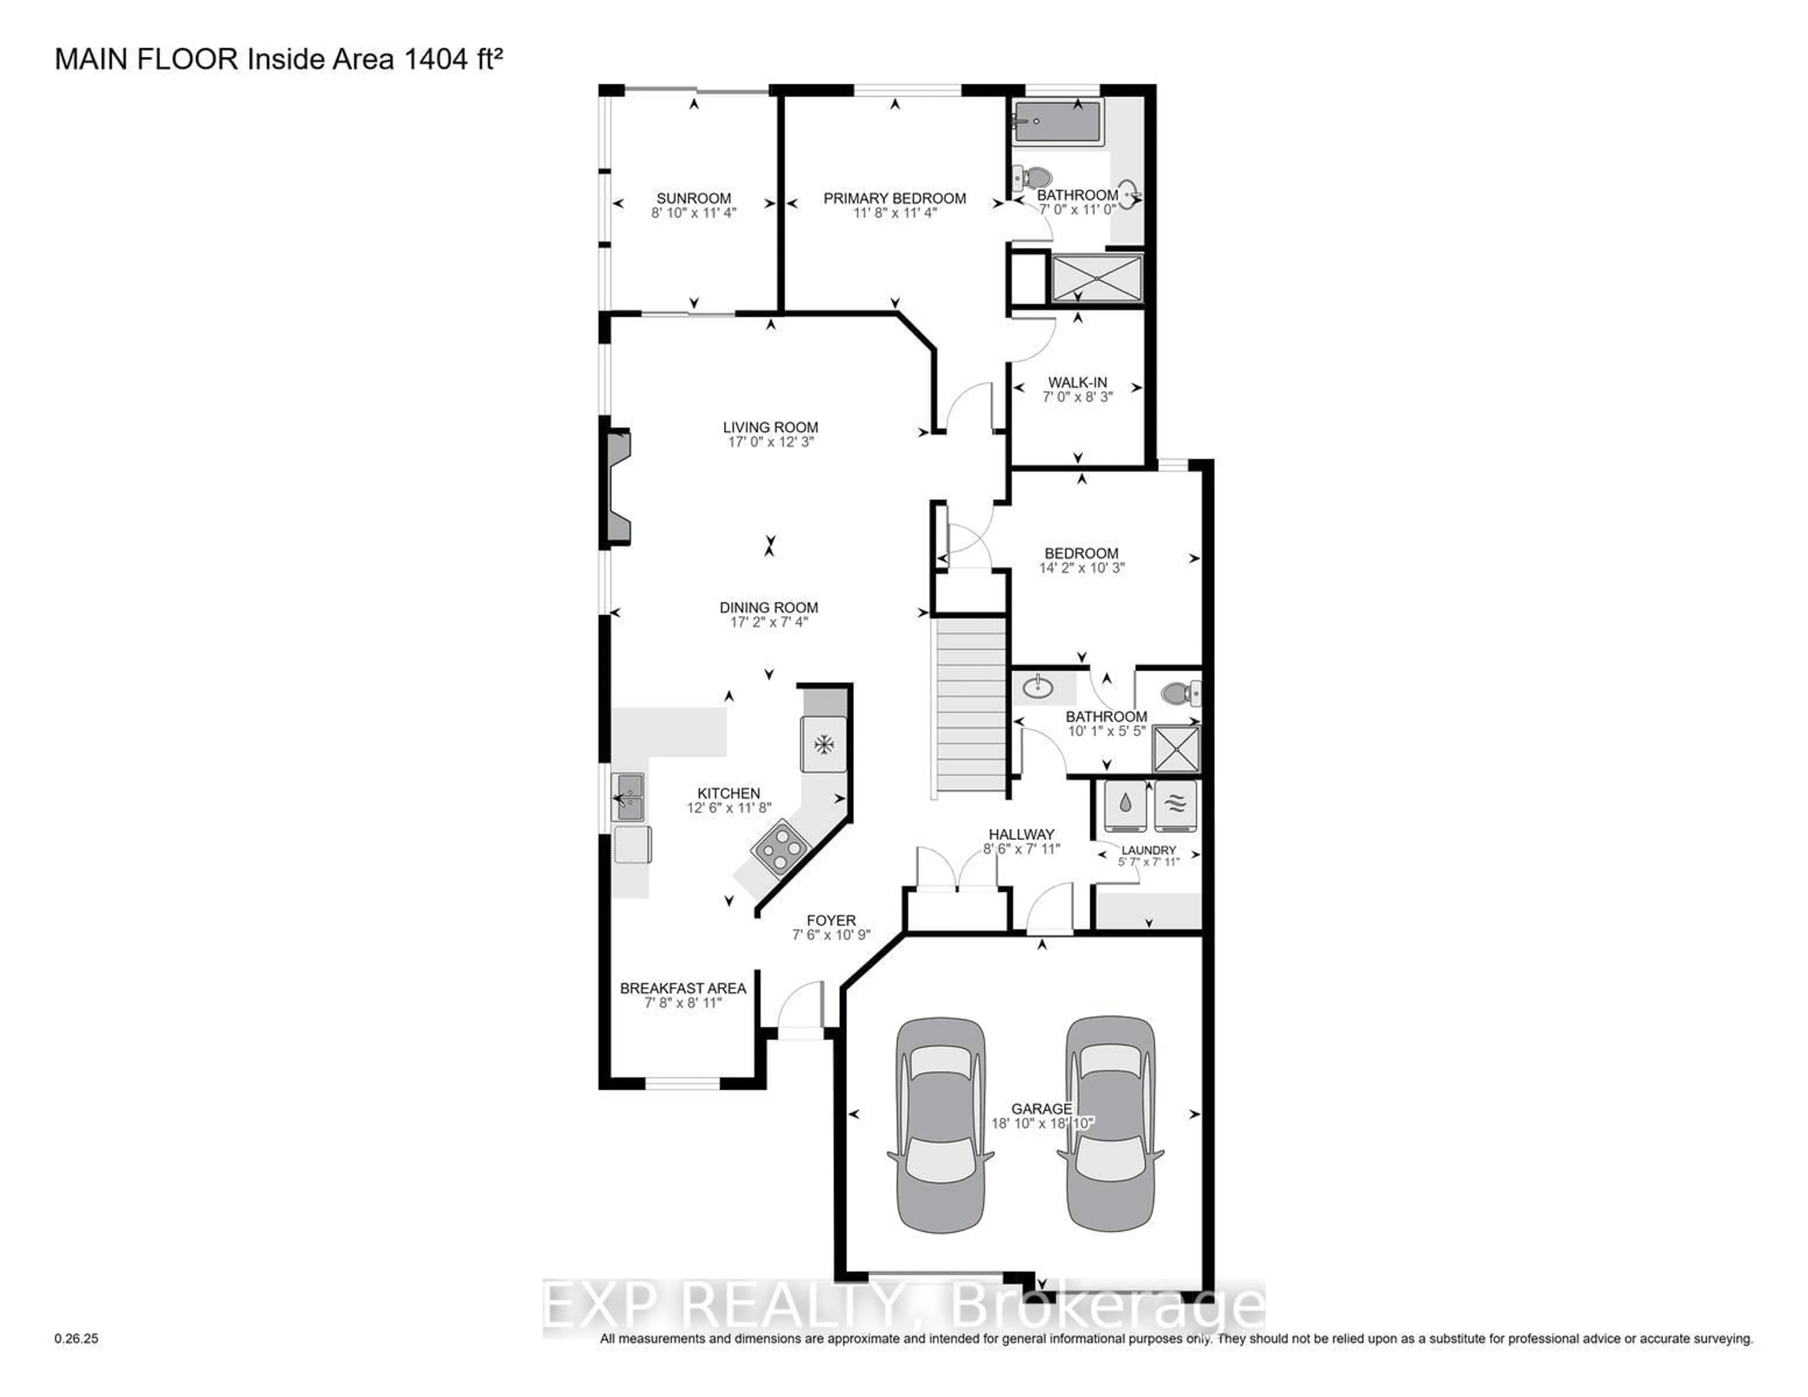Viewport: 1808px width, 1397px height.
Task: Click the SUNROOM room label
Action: click(693, 198)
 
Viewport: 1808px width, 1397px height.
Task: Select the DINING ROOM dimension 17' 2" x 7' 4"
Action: click(768, 622)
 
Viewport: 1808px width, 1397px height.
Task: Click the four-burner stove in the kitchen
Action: click(780, 847)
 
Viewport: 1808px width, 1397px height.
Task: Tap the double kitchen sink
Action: click(628, 797)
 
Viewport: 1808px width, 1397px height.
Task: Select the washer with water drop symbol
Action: click(1125, 804)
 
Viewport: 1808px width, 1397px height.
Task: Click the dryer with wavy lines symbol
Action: click(1176, 804)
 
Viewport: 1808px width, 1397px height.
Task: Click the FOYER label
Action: click(831, 920)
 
